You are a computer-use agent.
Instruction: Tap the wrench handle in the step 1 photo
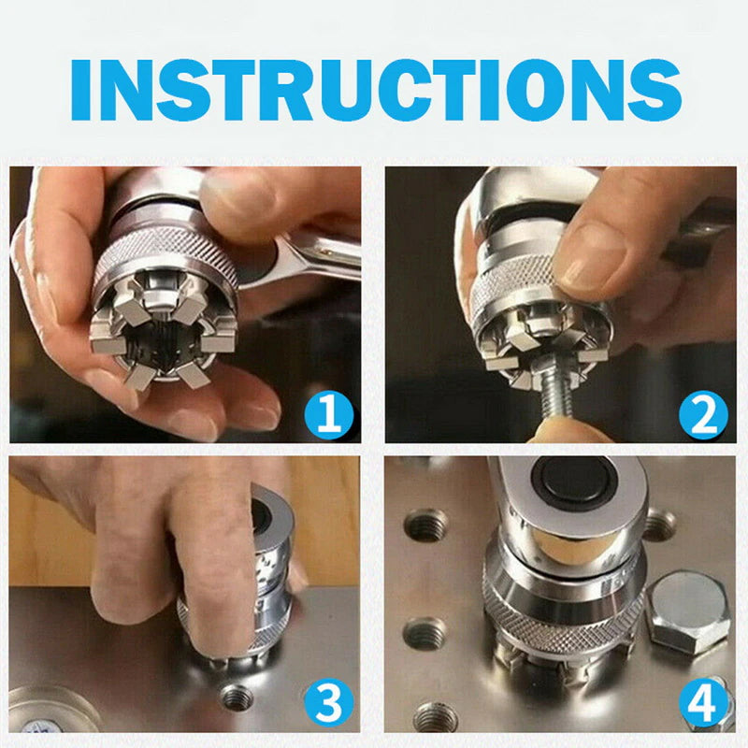point(318,257)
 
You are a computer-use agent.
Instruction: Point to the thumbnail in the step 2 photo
point(598,266)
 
